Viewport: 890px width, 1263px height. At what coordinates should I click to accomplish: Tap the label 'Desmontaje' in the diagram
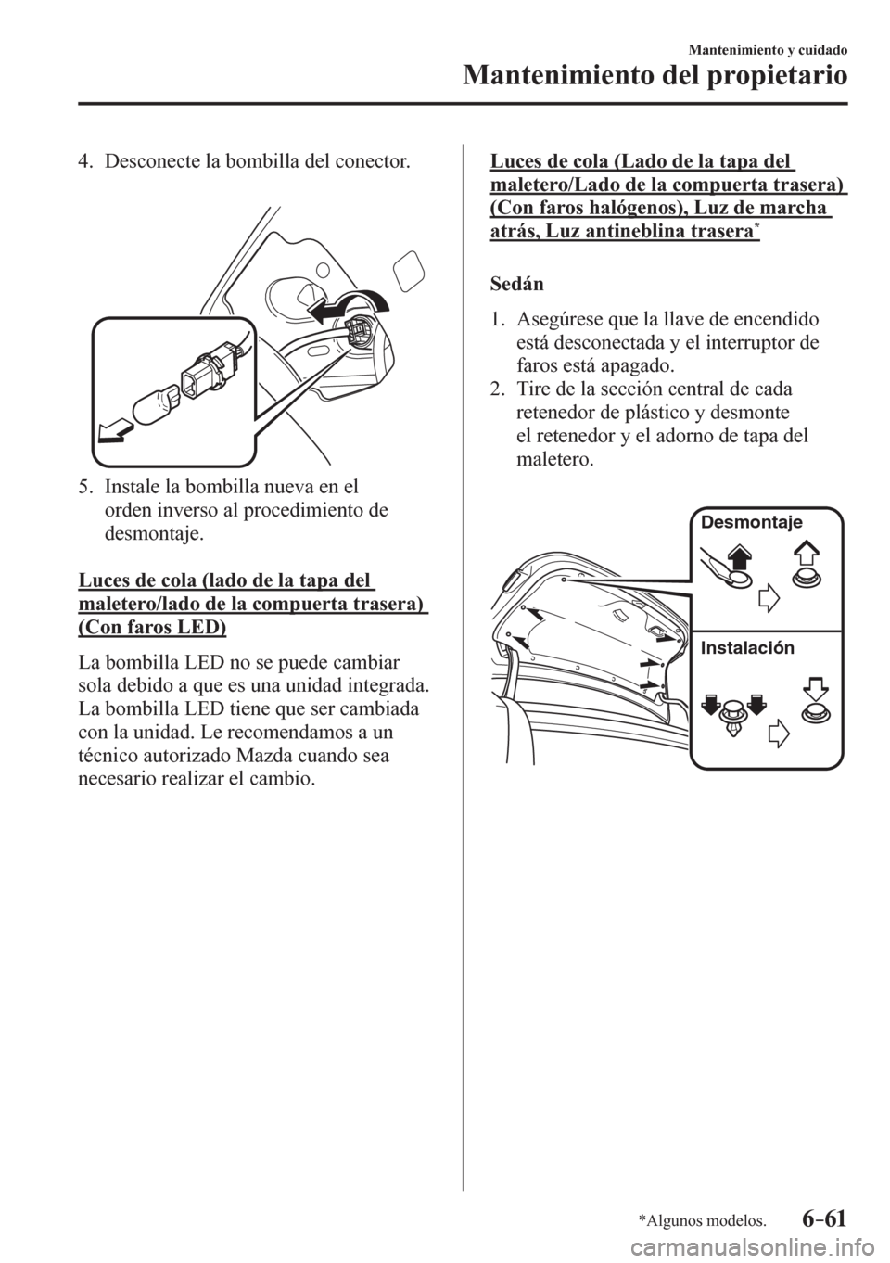point(751,522)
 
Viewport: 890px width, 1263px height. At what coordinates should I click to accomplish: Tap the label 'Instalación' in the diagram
point(748,647)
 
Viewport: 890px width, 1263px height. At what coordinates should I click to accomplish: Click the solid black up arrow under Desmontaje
point(740,556)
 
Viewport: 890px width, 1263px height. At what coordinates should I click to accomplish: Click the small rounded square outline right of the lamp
point(407,272)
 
